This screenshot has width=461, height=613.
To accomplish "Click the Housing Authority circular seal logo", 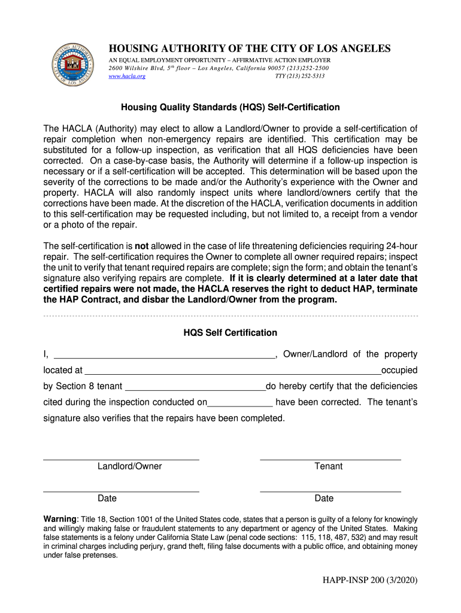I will [x=72, y=64].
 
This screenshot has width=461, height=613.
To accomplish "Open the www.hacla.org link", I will [x=126, y=77].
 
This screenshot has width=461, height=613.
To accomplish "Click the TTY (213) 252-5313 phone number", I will [x=299, y=77].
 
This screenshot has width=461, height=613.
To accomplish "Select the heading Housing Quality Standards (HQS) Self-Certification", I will [x=230, y=107].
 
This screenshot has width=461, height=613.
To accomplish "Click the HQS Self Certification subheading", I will [x=230, y=332].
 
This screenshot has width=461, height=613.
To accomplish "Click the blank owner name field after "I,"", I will [x=163, y=354].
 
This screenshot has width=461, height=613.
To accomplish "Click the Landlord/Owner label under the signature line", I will [x=130, y=466].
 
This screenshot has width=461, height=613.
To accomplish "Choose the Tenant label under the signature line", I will [x=329, y=466].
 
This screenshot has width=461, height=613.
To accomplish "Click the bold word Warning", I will [x=60, y=518].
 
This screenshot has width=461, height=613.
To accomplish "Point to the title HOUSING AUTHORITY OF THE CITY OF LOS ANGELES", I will [x=248, y=48].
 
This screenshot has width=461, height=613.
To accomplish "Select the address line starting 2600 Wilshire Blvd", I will [x=218, y=68].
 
